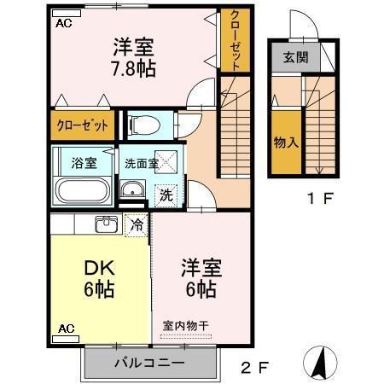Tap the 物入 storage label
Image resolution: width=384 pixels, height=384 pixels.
pyautogui.click(x=285, y=143)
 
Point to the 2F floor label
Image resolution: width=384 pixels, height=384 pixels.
pyautogui.click(x=254, y=368)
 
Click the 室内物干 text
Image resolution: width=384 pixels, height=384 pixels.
pyautogui.click(x=185, y=325)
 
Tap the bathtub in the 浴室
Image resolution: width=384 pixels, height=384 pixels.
pyautogui.click(x=81, y=189)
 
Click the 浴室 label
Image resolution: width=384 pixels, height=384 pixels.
pyautogui.click(x=83, y=161)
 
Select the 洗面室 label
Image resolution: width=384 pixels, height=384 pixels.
pyautogui.click(x=141, y=162)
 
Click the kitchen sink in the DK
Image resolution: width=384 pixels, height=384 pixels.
pyautogui.click(x=106, y=224)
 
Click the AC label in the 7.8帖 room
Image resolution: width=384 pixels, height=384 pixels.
pyautogui.click(x=64, y=24)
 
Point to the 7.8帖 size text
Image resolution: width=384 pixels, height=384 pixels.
pyautogui.click(x=132, y=67)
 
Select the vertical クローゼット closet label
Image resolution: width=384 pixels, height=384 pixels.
pyautogui.click(x=234, y=41)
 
